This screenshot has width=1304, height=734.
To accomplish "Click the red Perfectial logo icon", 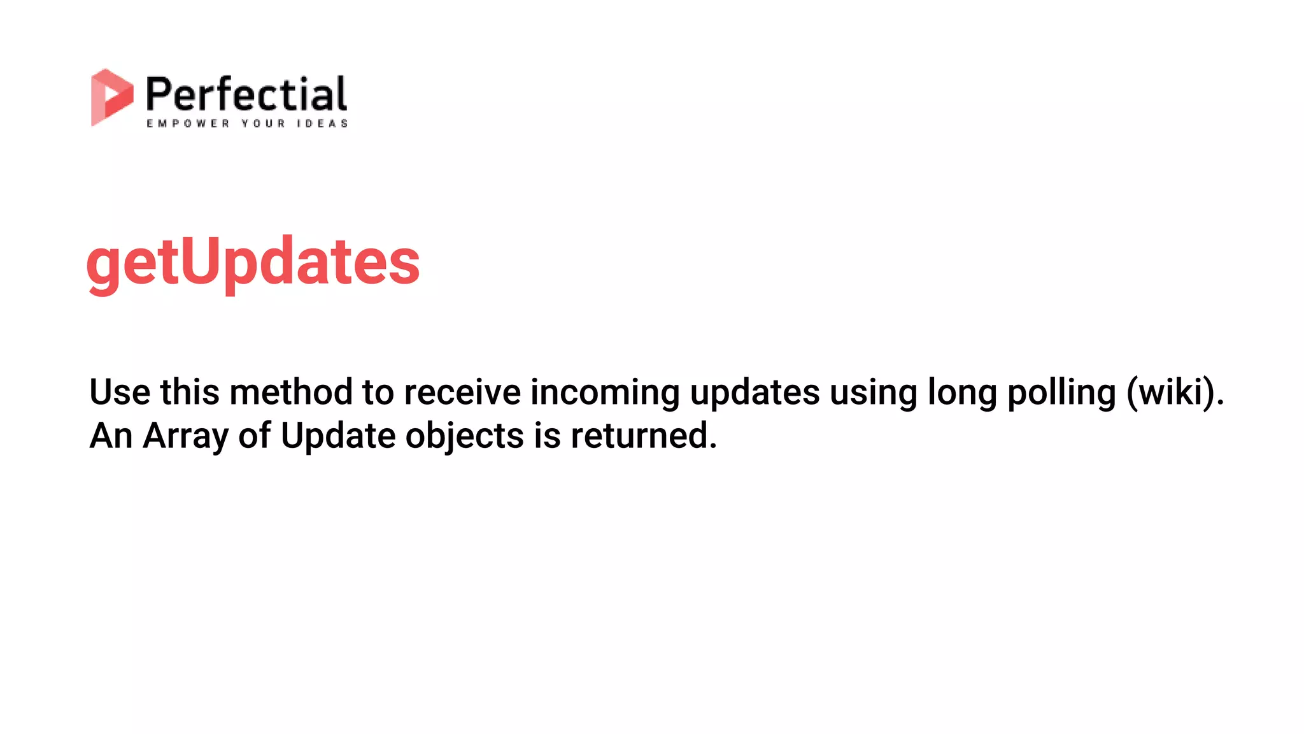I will coord(111,97).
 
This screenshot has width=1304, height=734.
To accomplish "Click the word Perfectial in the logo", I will coord(246,94).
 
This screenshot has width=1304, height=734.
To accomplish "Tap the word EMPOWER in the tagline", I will coord(188,124).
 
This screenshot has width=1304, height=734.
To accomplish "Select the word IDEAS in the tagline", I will coord(322,124).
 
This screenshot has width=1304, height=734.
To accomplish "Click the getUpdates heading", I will coord(253,262).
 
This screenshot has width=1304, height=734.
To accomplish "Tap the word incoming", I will coord(605,392).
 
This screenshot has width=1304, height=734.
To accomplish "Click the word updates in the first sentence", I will coord(755,392).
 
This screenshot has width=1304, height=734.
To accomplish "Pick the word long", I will coord(962,392).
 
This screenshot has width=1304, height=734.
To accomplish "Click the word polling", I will coord(1061,392).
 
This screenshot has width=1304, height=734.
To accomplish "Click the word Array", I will coord(185,436).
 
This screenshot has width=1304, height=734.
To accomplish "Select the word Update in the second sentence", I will coord(338,436).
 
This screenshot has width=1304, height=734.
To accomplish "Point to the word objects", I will coord(464,436).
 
